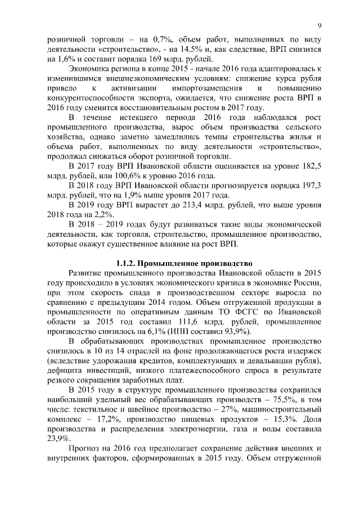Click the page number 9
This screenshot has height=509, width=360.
point(319,25)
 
